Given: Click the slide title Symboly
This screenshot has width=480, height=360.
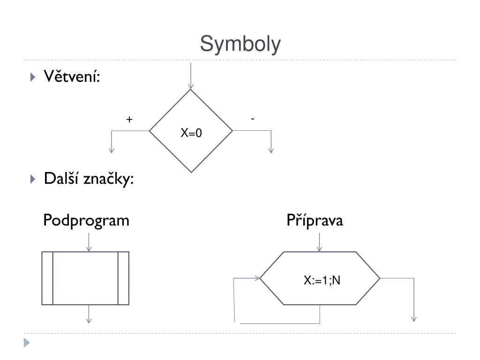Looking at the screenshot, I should [240, 45].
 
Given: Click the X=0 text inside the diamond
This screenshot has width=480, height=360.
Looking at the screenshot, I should [192, 134].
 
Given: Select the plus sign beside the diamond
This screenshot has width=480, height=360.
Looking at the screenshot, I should [129, 120].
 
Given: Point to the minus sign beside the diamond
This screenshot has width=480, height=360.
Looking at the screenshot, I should [253, 119].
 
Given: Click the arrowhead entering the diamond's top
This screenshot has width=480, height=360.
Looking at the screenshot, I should [191, 86].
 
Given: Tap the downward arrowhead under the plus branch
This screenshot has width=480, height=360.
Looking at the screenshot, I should [112, 150].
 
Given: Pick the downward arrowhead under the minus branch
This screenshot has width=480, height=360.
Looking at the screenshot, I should [271, 150].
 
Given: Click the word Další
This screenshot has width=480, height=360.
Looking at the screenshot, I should [61, 179].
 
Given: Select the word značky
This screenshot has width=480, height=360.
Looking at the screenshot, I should [108, 179].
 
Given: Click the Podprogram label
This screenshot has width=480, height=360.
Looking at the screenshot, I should [86, 220].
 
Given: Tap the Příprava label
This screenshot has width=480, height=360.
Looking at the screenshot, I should [315, 220].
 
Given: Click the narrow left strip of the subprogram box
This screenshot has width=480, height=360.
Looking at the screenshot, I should [47, 278].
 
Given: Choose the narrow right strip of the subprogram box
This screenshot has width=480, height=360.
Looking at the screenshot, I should [123, 278].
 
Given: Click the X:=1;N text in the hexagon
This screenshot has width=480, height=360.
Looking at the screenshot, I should [322, 281].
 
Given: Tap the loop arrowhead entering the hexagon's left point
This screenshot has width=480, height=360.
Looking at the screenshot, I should [256, 278].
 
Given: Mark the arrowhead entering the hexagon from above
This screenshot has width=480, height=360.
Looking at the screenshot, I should [320, 248].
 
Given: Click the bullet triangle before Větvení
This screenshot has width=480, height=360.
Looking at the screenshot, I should [32, 77].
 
